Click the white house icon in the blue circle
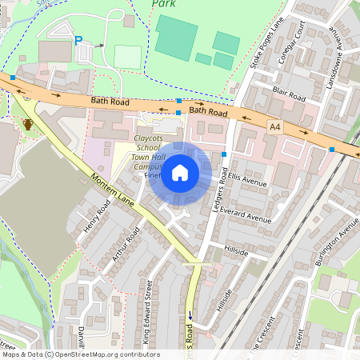coord(180,172)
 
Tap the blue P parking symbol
coord(78,41)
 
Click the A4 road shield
coord(275,126)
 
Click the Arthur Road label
coord(126,244)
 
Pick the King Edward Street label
coord(148,318)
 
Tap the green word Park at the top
coord(163,4)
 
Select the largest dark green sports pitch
coord(177,36)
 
